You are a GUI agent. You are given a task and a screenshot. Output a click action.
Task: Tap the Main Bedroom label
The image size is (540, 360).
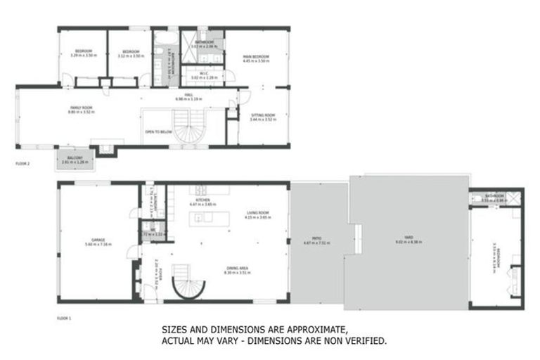click(257, 59)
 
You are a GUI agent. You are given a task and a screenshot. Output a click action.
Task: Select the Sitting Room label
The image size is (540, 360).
click(263, 117)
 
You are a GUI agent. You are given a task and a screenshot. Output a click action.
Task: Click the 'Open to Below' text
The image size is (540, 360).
click(159, 131)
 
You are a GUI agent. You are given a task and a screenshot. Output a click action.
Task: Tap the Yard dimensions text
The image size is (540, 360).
click(411, 243)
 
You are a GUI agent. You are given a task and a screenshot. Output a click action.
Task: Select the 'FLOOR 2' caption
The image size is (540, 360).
click(23, 163)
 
